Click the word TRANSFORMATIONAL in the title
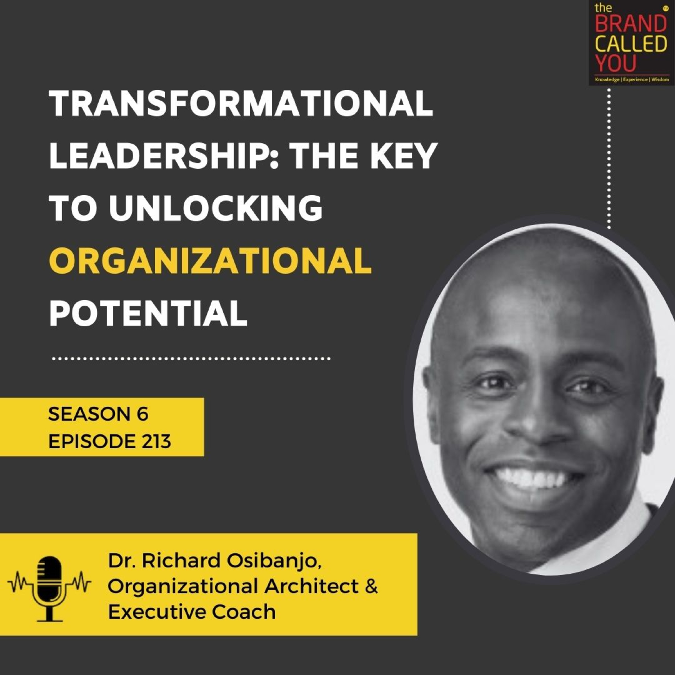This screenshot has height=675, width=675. pos(241,104)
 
